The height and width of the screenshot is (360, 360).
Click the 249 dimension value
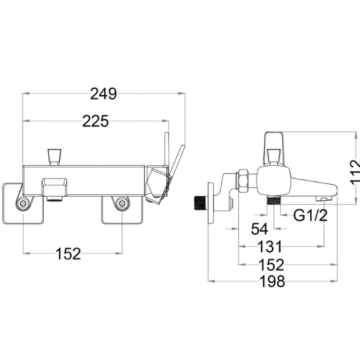click(103, 94)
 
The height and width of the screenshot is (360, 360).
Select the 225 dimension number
click(95, 121)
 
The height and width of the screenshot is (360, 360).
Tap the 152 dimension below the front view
click(69, 254)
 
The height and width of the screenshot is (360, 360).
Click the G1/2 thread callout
click(311, 215)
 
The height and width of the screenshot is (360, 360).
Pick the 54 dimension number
click(259, 229)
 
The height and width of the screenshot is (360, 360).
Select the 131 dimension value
click(270, 247)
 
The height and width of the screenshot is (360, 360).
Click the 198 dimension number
click(272, 281)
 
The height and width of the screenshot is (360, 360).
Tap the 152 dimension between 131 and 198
click(271, 265)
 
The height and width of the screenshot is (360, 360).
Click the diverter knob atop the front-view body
click(54, 157)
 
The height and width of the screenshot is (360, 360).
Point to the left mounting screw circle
click(23, 203)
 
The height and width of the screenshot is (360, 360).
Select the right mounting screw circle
click(121, 203)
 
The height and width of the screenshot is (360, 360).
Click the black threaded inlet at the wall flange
click(200, 203)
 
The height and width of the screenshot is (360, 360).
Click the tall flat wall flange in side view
click(211, 203)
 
